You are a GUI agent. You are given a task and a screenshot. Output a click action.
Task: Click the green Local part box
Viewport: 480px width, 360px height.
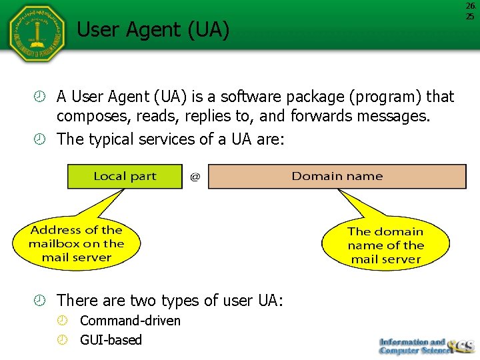pos(125,177)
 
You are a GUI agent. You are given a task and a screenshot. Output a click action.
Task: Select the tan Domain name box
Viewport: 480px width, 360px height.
pos(337,177)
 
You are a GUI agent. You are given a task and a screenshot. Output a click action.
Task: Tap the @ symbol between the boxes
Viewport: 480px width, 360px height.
pos(195,177)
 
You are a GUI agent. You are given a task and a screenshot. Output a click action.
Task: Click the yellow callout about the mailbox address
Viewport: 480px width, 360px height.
pos(76,243)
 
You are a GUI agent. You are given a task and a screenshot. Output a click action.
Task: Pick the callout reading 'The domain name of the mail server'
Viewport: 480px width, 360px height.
pos(385,245)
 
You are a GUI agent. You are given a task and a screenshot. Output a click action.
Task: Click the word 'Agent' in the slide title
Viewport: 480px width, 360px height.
pos(152,30)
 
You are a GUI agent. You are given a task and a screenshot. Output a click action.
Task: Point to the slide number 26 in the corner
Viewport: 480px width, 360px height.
pos(470,6)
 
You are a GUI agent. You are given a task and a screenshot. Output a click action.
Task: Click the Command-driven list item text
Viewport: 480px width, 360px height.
pos(130,321)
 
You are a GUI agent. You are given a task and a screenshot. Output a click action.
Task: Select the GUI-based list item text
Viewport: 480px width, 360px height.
pos(111,340)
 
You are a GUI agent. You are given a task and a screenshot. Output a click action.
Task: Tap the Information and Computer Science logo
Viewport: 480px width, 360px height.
pos(425,345)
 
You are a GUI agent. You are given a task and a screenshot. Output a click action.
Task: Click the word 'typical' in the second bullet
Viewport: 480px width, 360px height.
pos(117,139)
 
